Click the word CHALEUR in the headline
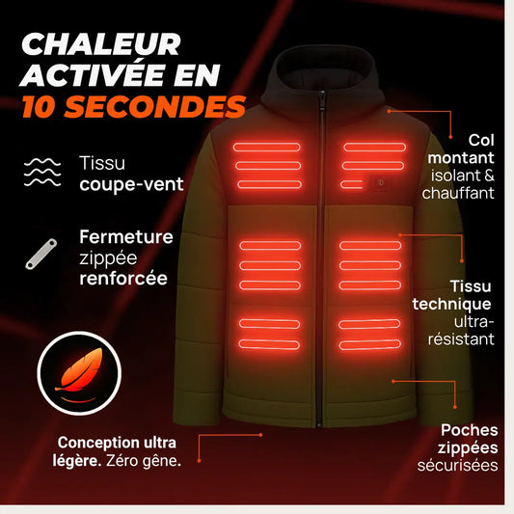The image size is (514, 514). point(101,44)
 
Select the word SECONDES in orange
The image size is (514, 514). point(154,106)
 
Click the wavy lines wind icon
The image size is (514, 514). point(42,172)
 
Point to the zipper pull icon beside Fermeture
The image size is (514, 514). point(41,255)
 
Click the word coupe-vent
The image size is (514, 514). point(131,184)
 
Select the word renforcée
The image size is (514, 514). point(123,279)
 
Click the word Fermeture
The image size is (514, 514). point(126,236)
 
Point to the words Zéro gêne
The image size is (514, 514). point(144,461)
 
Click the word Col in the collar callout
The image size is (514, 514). point(481,140)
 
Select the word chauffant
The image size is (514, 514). point(458,193)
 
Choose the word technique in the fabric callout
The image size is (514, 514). point(451,304)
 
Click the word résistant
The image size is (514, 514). point(461,338)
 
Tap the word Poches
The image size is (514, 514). point(469,430)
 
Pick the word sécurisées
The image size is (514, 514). point(458,466)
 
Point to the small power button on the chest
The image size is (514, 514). point(380,183)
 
